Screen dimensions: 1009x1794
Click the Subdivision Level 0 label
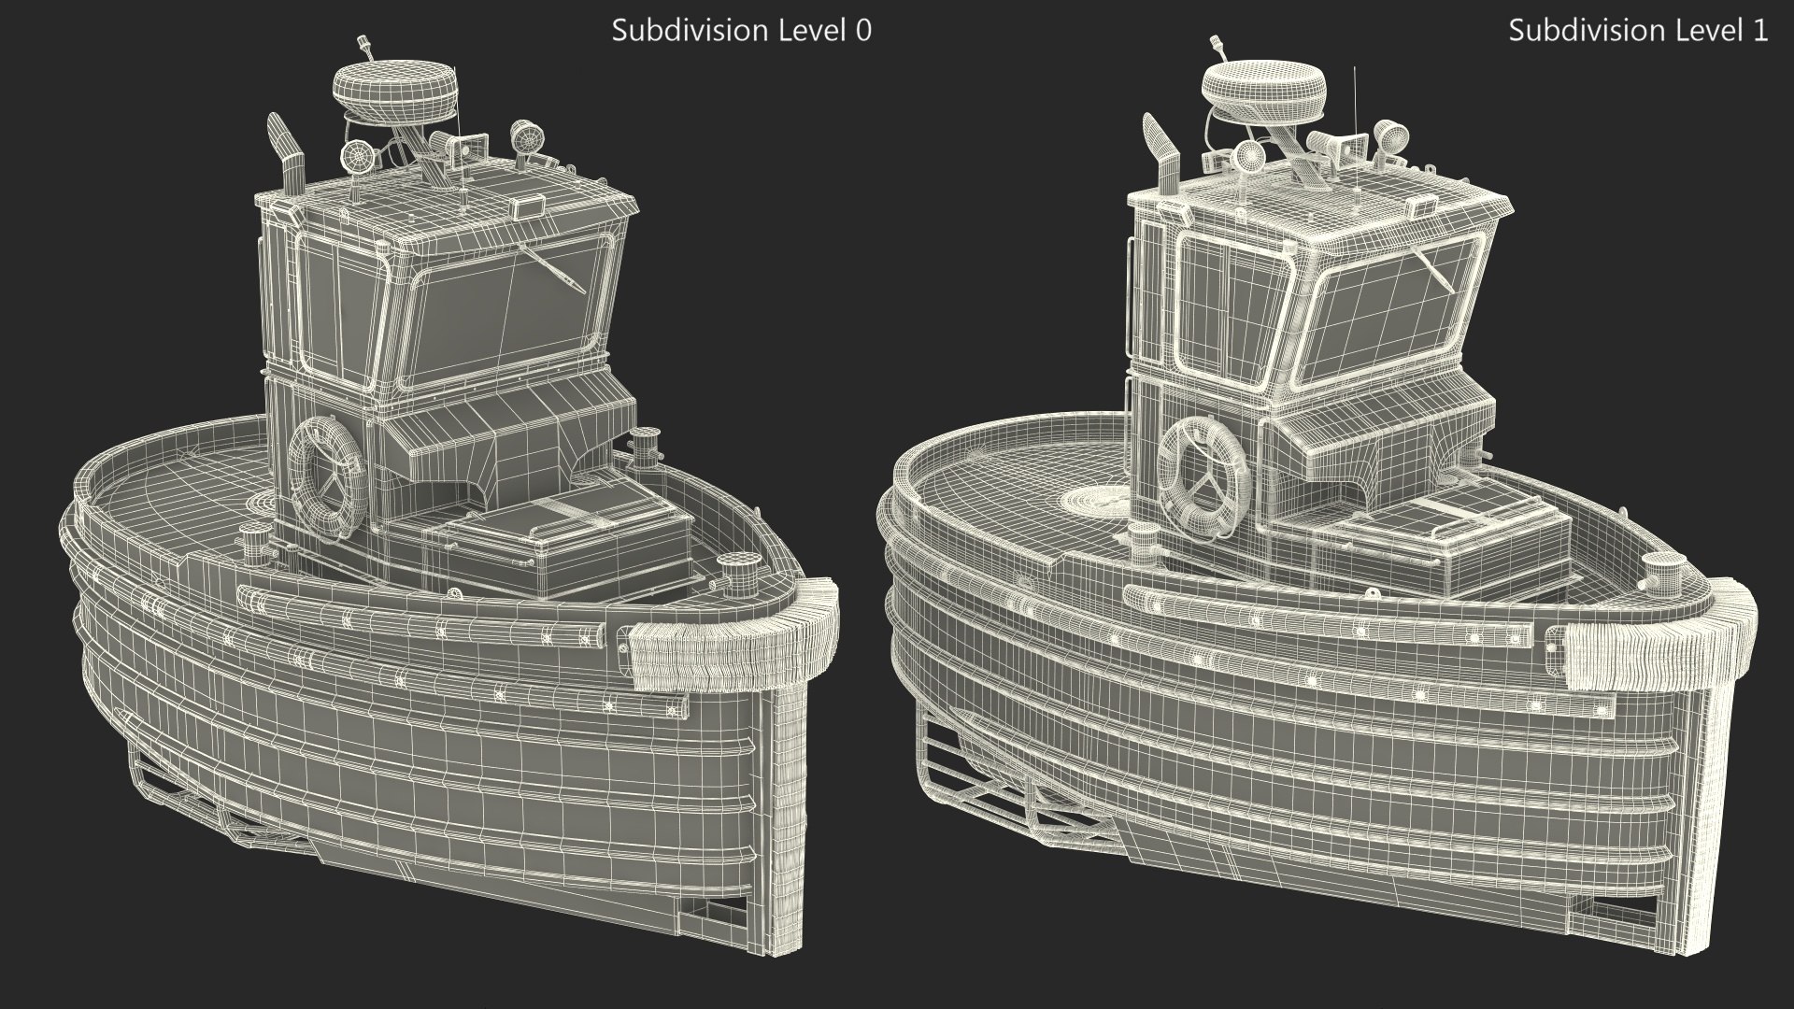tap(741, 31)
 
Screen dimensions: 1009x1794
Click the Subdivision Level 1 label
tap(1637, 31)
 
